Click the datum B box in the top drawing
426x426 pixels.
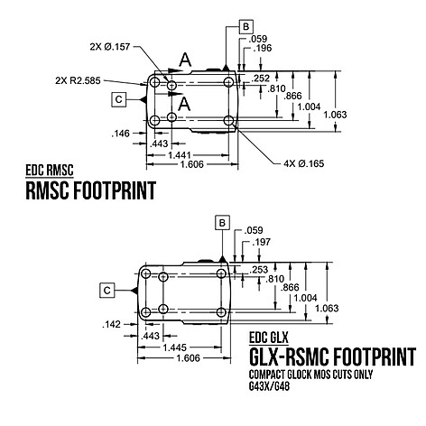245,26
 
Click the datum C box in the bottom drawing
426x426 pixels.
107,291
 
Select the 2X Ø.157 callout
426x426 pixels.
110,47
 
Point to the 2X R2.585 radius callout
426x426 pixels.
78,80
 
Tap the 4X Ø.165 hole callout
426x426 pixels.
304,163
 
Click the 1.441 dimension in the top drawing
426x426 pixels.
180,155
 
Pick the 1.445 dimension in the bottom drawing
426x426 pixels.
175,347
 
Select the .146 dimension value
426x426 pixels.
120,134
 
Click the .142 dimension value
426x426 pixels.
111,324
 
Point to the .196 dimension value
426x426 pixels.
263,48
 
